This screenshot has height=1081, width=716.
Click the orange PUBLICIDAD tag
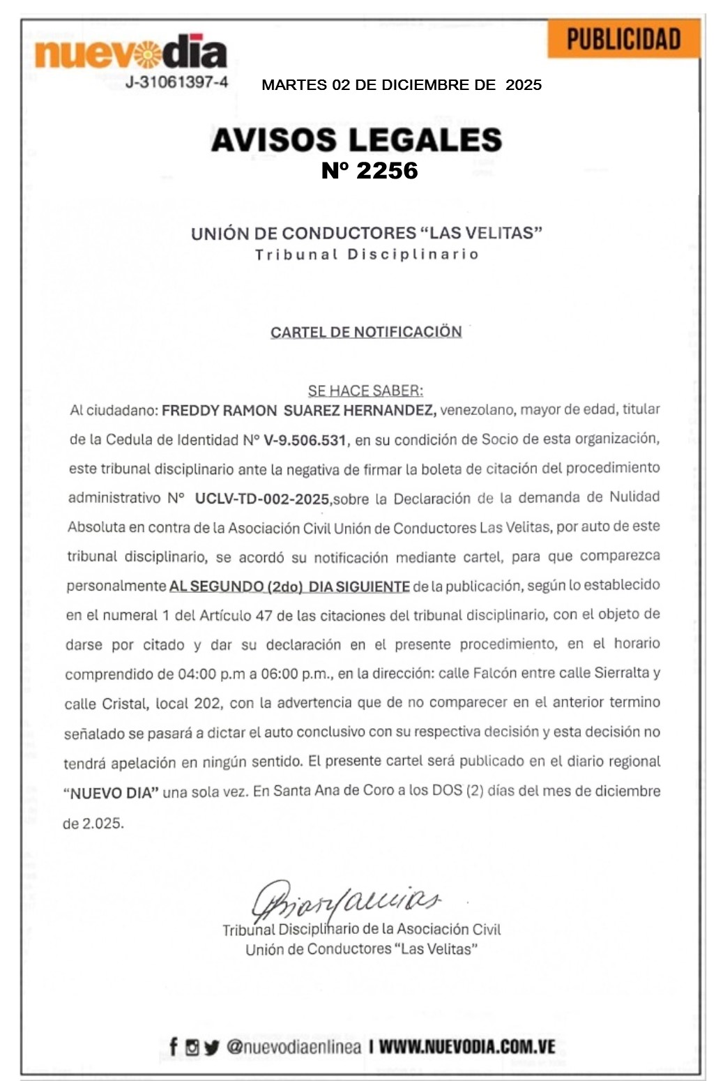tap(623, 39)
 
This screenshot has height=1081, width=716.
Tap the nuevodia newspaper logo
tap(131, 53)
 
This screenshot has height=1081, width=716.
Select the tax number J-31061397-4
tap(176, 82)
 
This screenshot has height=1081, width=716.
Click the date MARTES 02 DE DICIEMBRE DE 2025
tap(401, 85)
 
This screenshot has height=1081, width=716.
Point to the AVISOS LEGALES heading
tap(356, 139)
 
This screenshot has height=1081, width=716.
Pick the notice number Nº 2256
tap(370, 171)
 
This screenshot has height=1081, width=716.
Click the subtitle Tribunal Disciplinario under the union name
tap(367, 255)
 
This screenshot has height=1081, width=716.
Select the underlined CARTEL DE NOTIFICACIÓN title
tap(366, 332)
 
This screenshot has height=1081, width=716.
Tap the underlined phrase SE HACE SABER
tap(365, 391)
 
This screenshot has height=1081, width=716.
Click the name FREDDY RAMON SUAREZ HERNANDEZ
tap(299, 410)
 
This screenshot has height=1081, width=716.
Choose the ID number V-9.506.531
tap(305, 440)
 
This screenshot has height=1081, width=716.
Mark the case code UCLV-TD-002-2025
tap(262, 499)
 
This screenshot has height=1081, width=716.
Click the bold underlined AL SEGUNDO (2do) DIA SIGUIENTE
tap(289, 587)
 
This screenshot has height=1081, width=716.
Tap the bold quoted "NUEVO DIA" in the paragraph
tap(112, 793)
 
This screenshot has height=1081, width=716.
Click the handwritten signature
tap(345, 900)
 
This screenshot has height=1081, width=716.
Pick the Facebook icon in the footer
tap(174, 1046)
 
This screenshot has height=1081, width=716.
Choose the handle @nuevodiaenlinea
tap(294, 1047)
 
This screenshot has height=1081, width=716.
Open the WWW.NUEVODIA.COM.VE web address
tap(466, 1047)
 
